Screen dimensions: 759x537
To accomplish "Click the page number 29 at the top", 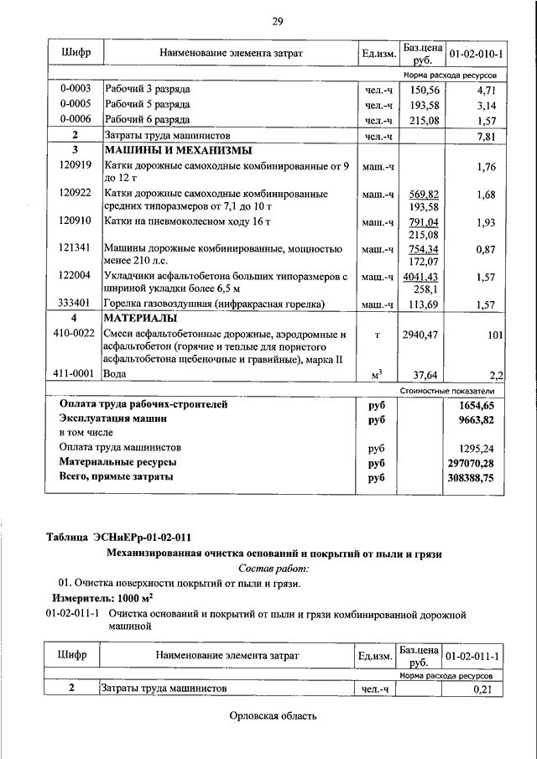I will pyautogui.click(x=278, y=21).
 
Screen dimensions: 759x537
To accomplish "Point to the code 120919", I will pyautogui.click(x=76, y=167).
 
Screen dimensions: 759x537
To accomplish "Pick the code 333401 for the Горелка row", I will pyautogui.click(x=76, y=304).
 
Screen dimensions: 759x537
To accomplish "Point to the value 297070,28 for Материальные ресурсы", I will pyautogui.click(x=472, y=462).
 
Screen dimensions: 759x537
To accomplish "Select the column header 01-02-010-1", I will pyautogui.click(x=476, y=54).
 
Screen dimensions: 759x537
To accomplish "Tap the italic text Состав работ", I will pyautogui.click(x=274, y=569).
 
